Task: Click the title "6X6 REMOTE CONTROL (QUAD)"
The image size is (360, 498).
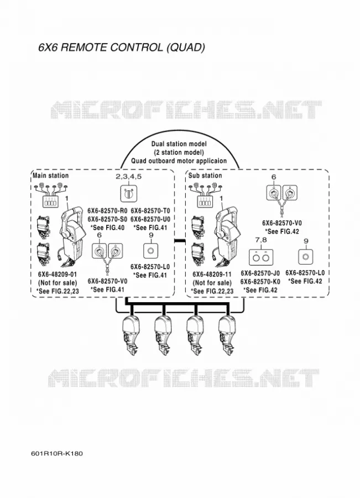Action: (x=122, y=48)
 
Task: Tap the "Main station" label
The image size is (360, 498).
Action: (x=51, y=175)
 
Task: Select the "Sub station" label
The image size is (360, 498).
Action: (x=205, y=175)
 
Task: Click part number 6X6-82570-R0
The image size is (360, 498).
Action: (x=107, y=211)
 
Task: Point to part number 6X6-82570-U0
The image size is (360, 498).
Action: (x=150, y=219)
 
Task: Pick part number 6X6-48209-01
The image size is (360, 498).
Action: (x=58, y=274)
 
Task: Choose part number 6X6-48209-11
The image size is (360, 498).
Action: (x=212, y=274)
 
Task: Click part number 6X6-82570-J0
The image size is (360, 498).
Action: (x=260, y=273)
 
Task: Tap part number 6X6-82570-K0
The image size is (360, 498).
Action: (x=260, y=282)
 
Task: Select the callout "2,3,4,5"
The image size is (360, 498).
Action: (x=128, y=177)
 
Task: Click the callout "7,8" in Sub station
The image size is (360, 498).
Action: (x=260, y=240)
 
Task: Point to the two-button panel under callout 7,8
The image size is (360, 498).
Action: (x=261, y=257)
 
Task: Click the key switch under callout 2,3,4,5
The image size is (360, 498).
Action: (x=128, y=194)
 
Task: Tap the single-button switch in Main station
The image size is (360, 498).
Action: (x=151, y=251)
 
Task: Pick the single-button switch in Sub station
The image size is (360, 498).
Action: (x=306, y=257)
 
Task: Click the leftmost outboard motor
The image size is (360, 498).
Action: (x=131, y=335)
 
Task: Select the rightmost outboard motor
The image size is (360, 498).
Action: (x=227, y=335)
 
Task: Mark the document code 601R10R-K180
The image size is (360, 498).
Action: (x=57, y=453)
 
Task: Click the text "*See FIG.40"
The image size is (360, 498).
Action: (x=107, y=228)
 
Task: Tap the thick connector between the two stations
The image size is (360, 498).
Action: (x=180, y=241)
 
